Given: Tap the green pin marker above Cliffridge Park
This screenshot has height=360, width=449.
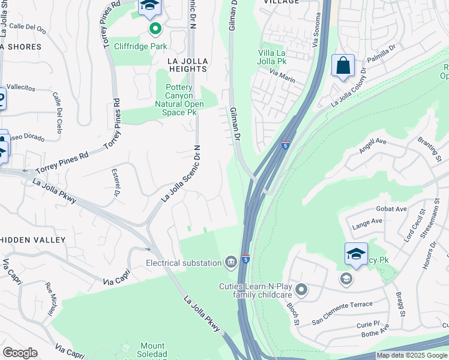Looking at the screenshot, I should pos(155,28).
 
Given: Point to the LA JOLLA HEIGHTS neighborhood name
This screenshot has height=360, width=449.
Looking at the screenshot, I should pos(188,65).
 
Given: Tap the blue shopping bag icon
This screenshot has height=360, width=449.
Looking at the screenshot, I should pos(343,66).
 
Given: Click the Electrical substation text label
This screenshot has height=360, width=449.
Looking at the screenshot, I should pos(183,263).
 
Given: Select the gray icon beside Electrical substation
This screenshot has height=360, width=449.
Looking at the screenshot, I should pos(231,262).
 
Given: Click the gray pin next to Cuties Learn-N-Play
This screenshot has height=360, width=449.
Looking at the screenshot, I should pos(301,290).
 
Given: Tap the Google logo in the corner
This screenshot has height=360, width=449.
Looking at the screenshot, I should pos(20,353).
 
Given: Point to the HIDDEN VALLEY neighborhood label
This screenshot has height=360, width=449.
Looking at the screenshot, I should pos(32,240).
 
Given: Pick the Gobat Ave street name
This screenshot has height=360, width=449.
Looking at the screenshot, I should pos(392,209).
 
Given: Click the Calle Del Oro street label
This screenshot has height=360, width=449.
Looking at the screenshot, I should pos(28,27).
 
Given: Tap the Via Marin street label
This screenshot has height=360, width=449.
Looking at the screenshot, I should pos(283,74).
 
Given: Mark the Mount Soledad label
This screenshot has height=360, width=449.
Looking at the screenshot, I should pos(152,347).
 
